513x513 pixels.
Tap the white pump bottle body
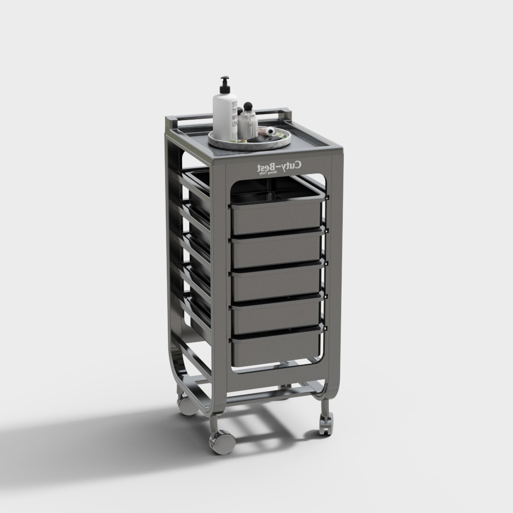(x=226, y=115)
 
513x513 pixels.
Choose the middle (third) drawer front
(x=277, y=283)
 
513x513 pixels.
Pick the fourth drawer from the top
(x=277, y=314)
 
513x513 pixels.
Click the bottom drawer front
(x=277, y=348)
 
